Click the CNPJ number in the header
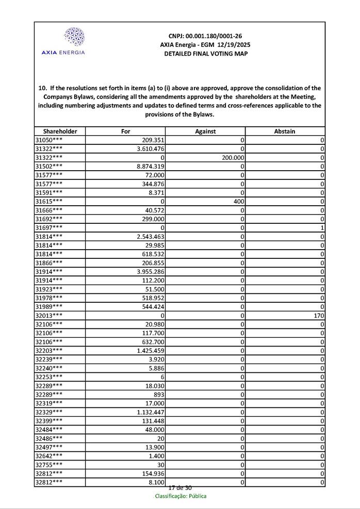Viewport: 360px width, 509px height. pyautogui.click(x=205, y=36)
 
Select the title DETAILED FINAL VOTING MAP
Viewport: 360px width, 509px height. pyautogui.click(x=205, y=54)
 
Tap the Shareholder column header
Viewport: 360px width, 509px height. pyautogui.click(x=60, y=132)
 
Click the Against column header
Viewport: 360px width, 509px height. pyautogui.click(x=205, y=132)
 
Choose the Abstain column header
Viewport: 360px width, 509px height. pyautogui.click(x=285, y=132)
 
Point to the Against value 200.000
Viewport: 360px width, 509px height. pyautogui.click(x=233, y=158)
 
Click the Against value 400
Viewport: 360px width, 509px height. pyautogui.click(x=238, y=201)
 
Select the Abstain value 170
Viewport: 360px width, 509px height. pyautogui.click(x=318, y=315)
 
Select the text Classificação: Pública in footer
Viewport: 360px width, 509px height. pyautogui.click(x=181, y=496)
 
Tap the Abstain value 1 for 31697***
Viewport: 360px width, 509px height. pyautogui.click(x=322, y=227)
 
